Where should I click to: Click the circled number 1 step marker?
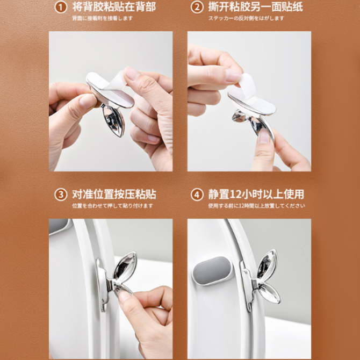[x=61, y=8]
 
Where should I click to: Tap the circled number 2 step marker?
[x=197, y=8]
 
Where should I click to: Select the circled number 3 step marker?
[x=61, y=195]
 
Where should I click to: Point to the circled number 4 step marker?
[x=197, y=195]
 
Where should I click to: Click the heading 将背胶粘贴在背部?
[x=114, y=7]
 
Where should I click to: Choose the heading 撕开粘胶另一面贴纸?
[x=256, y=7]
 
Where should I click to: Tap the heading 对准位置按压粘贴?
[x=114, y=194]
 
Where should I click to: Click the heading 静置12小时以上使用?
[x=256, y=194]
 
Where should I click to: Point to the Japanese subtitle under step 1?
[x=103, y=18]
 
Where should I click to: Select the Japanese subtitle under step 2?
[x=246, y=18]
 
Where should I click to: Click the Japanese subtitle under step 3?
[x=112, y=206]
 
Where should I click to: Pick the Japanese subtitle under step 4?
[x=256, y=206]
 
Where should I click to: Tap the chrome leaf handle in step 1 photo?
[x=114, y=120]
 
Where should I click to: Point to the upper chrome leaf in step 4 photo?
[x=267, y=265]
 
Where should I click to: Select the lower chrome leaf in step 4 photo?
[x=269, y=293]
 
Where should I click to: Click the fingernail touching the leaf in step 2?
[x=264, y=136]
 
